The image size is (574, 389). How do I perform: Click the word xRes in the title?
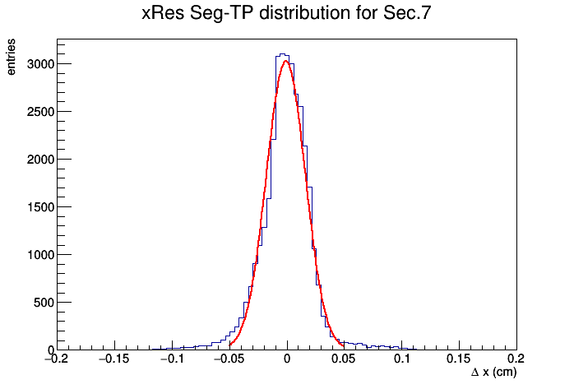[x=163, y=13]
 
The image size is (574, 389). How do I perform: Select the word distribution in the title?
[x=304, y=13]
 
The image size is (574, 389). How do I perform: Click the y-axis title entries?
[x=11, y=57]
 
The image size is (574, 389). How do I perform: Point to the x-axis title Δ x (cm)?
[x=493, y=373]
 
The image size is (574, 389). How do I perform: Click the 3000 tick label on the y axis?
[x=40, y=64]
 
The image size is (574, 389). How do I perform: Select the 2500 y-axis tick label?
[x=40, y=112]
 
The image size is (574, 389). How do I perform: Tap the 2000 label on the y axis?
[x=40, y=160]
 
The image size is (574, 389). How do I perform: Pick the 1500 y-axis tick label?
[x=40, y=207]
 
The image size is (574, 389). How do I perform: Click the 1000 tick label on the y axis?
[x=40, y=255]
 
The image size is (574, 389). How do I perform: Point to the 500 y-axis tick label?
[x=44, y=303]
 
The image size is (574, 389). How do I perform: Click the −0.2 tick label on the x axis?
[x=57, y=359]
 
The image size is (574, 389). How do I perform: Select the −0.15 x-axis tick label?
[x=114, y=359]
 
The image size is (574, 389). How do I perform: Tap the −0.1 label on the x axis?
[x=172, y=359]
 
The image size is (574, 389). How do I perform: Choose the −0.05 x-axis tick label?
[x=229, y=359]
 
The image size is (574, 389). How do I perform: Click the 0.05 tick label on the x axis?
[x=344, y=359]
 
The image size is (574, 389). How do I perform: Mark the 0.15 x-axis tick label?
[x=459, y=359]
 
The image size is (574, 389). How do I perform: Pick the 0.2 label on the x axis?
[x=516, y=359]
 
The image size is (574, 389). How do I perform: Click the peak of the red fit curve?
[x=286, y=61]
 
